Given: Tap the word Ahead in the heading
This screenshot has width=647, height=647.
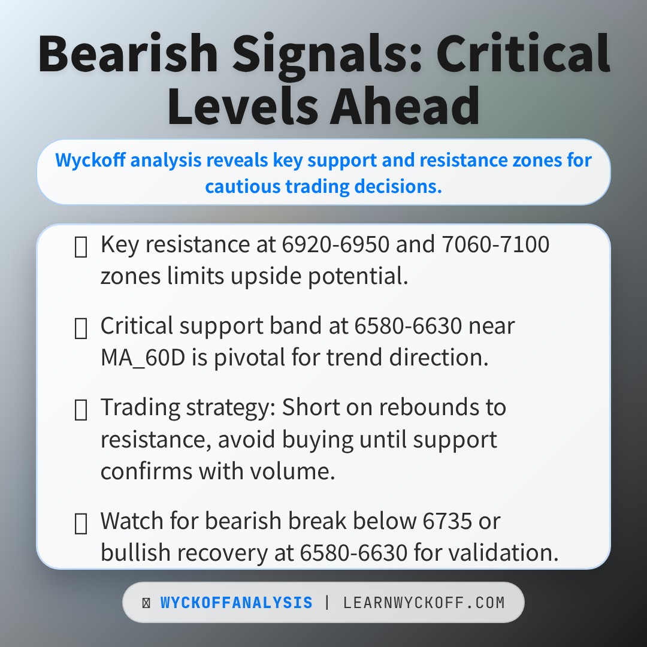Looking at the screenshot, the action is (x=405, y=106).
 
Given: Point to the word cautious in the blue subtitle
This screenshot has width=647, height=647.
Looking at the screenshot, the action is (x=243, y=186).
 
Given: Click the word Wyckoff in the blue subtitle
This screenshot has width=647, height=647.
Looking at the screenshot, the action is (x=90, y=160).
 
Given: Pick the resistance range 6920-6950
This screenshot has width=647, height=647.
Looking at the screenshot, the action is (x=335, y=244).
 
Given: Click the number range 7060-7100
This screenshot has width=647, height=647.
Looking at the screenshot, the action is (x=495, y=244).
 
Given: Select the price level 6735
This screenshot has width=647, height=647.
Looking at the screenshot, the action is (x=448, y=521).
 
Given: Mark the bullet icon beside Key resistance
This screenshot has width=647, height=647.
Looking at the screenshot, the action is (x=80, y=247).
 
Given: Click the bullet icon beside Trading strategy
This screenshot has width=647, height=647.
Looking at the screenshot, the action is (x=80, y=410).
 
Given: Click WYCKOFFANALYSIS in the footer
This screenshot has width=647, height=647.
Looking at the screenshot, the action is (x=237, y=603).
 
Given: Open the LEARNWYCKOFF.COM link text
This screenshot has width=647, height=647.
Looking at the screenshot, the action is (x=424, y=603).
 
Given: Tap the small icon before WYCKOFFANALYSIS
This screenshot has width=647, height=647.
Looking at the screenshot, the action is (x=146, y=603).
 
